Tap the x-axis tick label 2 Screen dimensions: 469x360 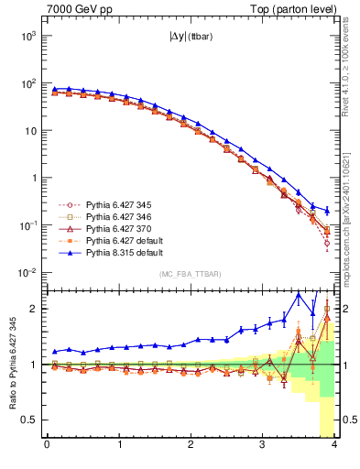click(x=191, y=446)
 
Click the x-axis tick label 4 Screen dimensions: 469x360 click(x=334, y=446)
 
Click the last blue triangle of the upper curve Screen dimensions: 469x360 click(x=327, y=210)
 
